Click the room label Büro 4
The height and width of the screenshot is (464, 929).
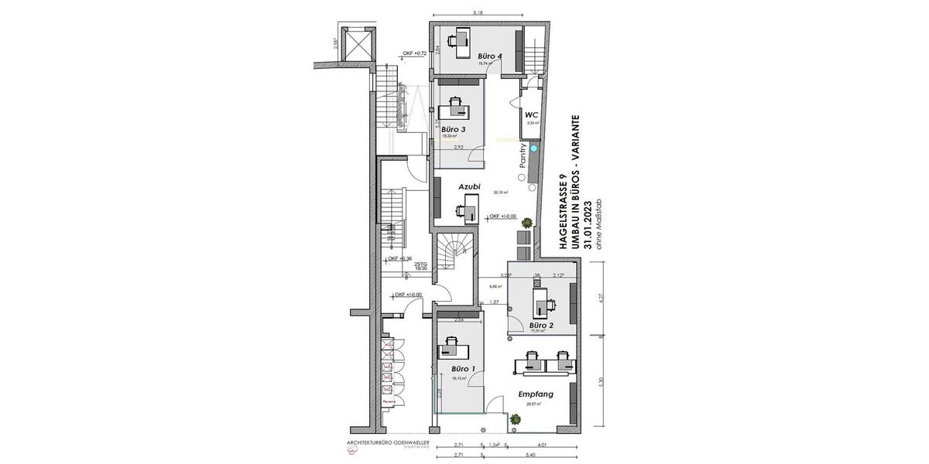coord(490,56)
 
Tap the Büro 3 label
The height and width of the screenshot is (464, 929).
coord(454,129)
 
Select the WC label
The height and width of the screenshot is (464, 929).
coord(532,114)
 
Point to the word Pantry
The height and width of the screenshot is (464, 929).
coord(524,156)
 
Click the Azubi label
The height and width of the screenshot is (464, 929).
coord(469,186)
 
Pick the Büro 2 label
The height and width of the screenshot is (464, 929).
coord(541,326)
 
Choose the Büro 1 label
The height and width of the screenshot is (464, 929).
coord(463,370)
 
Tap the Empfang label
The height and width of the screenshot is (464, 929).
coord(535,394)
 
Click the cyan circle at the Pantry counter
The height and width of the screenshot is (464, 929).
coord(533,147)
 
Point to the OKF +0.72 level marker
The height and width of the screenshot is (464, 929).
coord(415,53)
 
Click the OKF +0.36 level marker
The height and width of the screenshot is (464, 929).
coord(399,258)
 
